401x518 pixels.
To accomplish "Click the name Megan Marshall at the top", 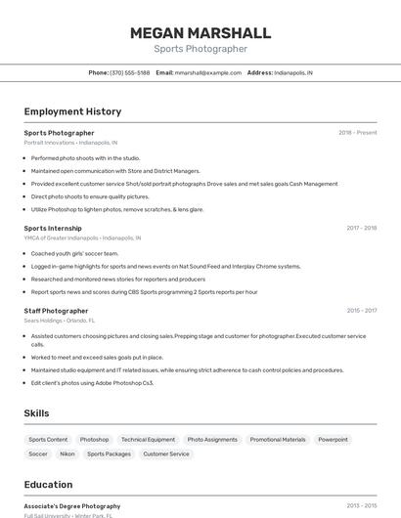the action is click(x=200, y=33).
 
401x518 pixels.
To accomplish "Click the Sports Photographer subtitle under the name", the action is click(x=200, y=49).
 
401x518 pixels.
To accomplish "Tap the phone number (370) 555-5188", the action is click(x=129, y=72).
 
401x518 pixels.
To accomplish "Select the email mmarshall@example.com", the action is click(x=207, y=72).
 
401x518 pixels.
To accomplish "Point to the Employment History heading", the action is click(x=72, y=111).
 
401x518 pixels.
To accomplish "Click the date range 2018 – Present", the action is click(x=357, y=133).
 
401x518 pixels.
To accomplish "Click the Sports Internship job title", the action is click(x=53, y=228).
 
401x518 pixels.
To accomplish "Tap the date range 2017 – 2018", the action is click(x=361, y=228).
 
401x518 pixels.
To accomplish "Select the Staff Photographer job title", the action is click(x=56, y=311).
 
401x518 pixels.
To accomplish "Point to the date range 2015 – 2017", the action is click(x=361, y=311).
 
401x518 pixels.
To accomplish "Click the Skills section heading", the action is click(x=37, y=413).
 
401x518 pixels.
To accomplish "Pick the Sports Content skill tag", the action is click(x=48, y=440).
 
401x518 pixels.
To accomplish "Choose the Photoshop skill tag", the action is click(x=94, y=440).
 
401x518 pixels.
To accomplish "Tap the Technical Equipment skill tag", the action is click(x=148, y=440).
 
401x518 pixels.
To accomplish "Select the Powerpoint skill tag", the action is click(x=333, y=440).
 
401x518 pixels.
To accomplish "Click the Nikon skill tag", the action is click(x=67, y=453).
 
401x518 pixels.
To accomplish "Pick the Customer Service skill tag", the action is click(x=166, y=453).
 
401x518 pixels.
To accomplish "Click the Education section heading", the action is click(x=48, y=485).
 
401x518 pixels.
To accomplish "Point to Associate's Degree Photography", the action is click(x=72, y=506).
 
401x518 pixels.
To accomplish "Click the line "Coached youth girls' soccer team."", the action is click(x=74, y=253).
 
